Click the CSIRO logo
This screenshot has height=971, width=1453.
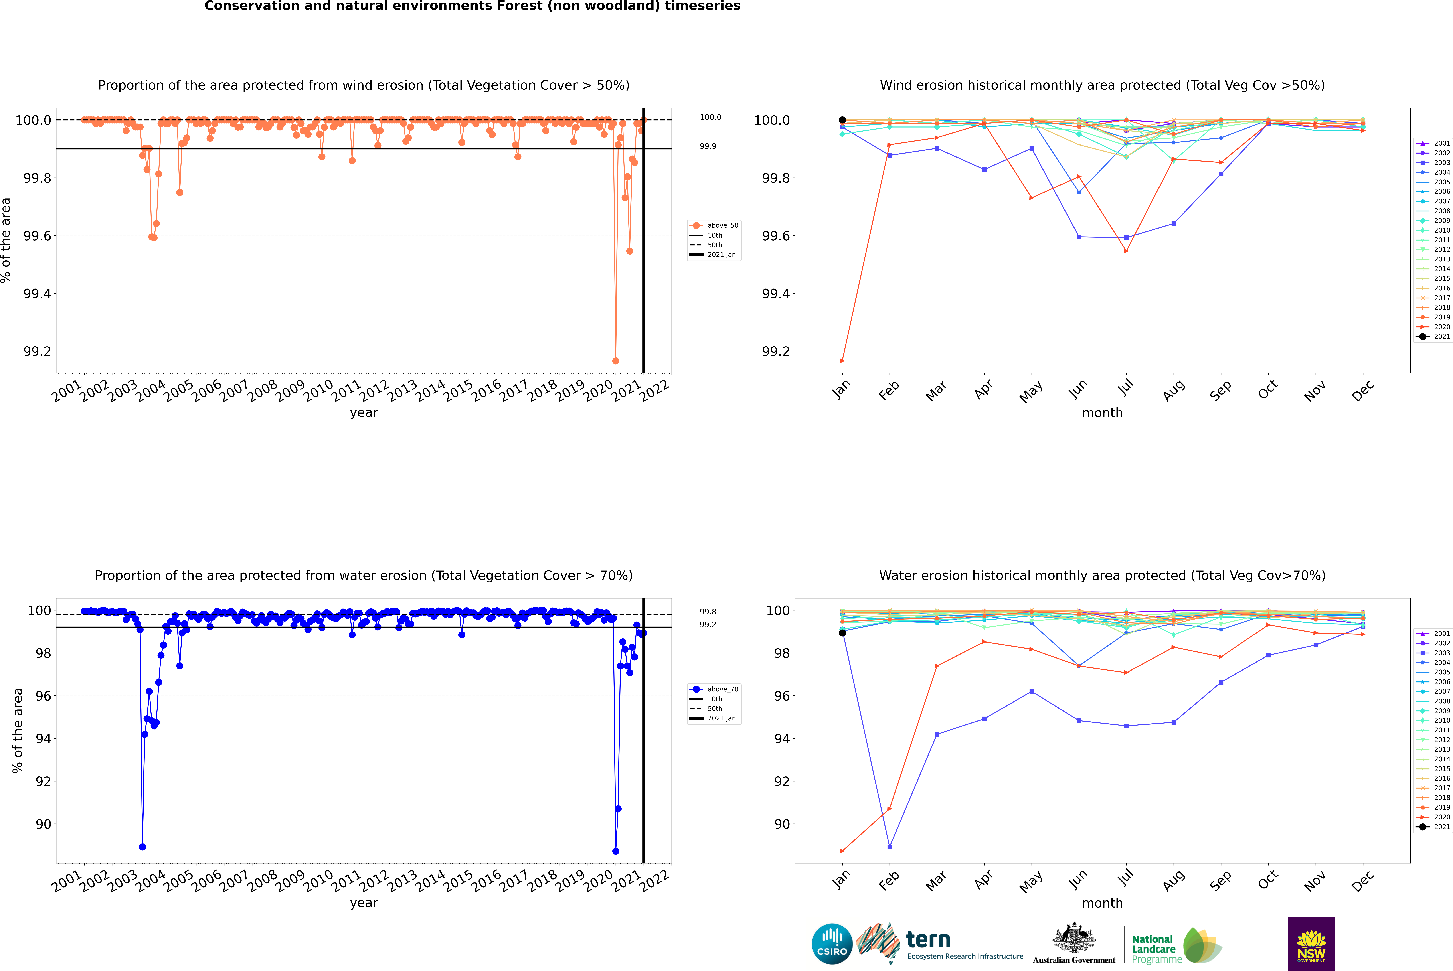[x=832, y=944]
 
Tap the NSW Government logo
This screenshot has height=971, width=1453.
[x=1311, y=944]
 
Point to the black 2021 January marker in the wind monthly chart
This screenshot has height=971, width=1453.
[x=842, y=120]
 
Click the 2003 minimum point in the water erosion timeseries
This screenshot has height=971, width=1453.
[x=142, y=847]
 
